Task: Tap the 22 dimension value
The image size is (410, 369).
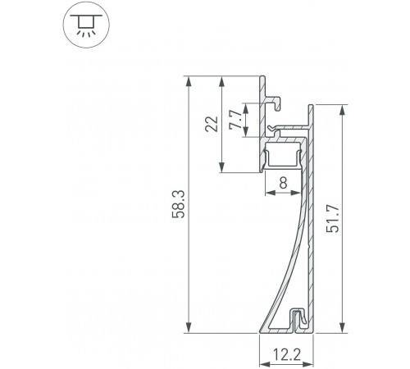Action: [210, 125]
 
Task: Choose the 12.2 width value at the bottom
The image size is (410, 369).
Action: [286, 357]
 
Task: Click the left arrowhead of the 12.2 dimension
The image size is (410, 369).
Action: [262, 345]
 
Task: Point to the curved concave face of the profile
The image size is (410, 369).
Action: [288, 262]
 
